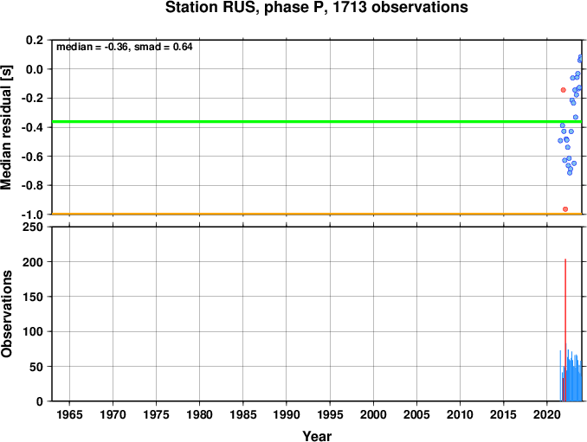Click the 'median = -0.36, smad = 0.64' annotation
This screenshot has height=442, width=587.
tap(125, 47)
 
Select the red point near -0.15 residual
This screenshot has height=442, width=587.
tap(563, 90)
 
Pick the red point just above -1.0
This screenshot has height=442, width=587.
tap(565, 209)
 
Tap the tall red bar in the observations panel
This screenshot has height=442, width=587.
tap(565, 330)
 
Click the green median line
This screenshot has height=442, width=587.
tap(317, 122)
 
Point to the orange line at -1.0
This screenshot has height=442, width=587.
tap(317, 214)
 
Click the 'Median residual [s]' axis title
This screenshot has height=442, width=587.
tap(6, 127)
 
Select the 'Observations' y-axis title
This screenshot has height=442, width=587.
tap(6, 314)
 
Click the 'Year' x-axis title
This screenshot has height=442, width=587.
tap(317, 436)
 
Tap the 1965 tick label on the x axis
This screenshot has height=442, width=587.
tap(69, 414)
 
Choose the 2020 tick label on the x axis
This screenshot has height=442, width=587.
tap(547, 414)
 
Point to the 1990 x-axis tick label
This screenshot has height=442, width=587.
tap(287, 414)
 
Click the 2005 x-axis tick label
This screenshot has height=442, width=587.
tap(416, 414)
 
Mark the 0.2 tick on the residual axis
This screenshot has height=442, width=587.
tap(35, 40)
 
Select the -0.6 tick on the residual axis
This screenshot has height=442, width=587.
tap(32, 157)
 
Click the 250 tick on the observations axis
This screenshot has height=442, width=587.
tap(33, 227)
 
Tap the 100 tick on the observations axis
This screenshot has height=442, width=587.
tap(33, 331)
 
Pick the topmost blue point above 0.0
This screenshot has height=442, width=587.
tap(580, 57)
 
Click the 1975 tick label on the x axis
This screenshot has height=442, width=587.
tap(156, 414)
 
